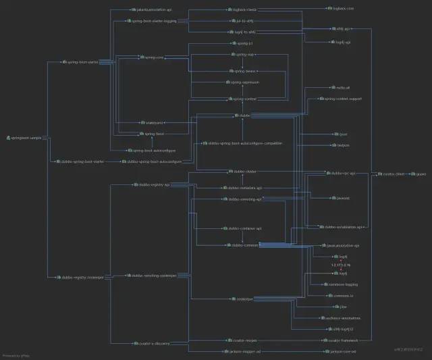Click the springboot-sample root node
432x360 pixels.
click(25, 138)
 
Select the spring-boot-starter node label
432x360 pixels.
click(82, 61)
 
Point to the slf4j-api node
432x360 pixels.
click(342, 29)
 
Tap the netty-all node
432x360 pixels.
click(342, 88)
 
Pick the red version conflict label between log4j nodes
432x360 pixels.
click(341, 265)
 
